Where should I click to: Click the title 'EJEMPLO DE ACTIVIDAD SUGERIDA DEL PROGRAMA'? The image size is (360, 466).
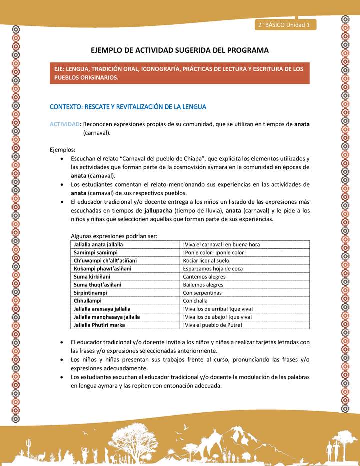click(180, 50)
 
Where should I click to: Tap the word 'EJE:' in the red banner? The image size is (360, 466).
click(62, 69)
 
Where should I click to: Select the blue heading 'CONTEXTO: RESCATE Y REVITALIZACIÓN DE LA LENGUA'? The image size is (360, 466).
click(128, 107)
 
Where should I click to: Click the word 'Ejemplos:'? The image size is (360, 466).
click(63, 149)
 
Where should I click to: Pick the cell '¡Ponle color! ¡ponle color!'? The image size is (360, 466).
click(214, 253)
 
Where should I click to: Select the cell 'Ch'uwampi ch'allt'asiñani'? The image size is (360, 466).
click(105, 261)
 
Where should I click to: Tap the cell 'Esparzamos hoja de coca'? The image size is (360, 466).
click(212, 269)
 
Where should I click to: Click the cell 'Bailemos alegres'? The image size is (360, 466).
click(203, 285)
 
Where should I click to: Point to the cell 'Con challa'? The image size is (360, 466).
click(198, 301)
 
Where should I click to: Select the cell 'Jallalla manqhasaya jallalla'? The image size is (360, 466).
click(106, 317)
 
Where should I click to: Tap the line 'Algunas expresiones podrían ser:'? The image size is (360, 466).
click(114, 236)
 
